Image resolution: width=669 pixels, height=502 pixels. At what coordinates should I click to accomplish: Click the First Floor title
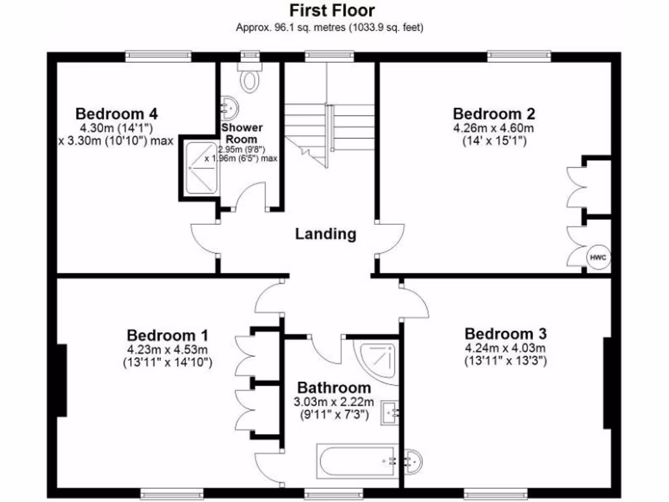click(333, 10)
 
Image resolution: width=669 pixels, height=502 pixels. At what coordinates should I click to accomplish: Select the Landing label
click(325, 233)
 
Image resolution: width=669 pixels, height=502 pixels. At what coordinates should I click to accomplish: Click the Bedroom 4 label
click(116, 113)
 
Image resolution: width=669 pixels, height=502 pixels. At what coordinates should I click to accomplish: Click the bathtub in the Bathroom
click(357, 462)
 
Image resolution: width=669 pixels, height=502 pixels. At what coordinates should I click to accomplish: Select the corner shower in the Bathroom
click(375, 360)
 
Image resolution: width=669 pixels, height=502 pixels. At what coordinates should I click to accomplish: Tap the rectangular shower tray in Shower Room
click(200, 168)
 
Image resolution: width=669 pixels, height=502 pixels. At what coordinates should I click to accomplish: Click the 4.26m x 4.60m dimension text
click(493, 127)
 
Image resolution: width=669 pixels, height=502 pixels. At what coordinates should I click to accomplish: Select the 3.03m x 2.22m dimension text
click(334, 401)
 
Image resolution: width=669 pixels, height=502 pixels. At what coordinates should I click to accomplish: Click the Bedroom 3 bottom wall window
click(495, 494)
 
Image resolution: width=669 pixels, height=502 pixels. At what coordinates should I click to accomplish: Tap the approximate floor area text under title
click(333, 28)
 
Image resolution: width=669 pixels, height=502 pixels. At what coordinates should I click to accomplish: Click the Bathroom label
click(334, 387)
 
